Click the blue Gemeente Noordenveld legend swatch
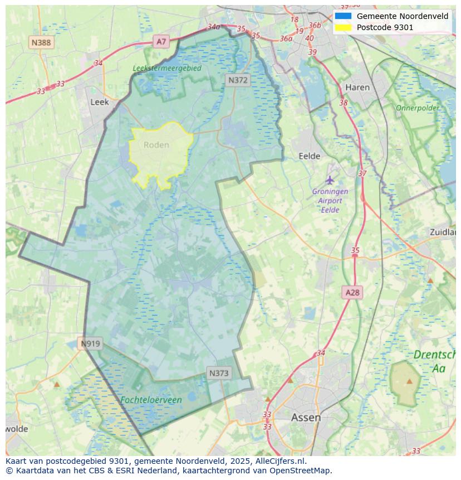coord(343,16)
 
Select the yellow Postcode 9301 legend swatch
coord(343,27)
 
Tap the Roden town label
coord(156,145)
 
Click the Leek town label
coord(100,102)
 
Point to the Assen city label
coord(306,418)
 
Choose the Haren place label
coord(357,88)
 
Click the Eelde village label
coord(310,156)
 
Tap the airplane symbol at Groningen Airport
coord(330,180)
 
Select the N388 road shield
coord(41,42)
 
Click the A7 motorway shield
coord(161,41)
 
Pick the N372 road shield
coord(238,80)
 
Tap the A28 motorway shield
coord(352,292)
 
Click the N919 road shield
coord(90,343)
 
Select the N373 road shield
coord(219,373)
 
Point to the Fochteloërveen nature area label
coord(151,400)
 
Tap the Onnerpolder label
coord(418,108)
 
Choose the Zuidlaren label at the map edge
coord(443,232)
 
